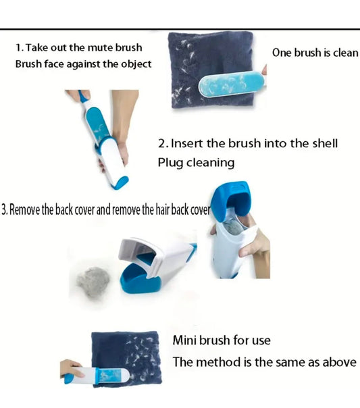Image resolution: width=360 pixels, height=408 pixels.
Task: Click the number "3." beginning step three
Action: coord(5,209)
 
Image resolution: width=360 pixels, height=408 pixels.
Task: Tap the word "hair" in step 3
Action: coord(161,209)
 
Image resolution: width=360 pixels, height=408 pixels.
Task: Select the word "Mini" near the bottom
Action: coord(184,340)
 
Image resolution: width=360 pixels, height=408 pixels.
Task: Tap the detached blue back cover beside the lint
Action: coord(139,279)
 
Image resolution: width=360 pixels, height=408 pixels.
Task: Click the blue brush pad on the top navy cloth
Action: coord(231,84)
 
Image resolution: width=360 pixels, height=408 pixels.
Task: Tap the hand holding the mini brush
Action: coord(71,369)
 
